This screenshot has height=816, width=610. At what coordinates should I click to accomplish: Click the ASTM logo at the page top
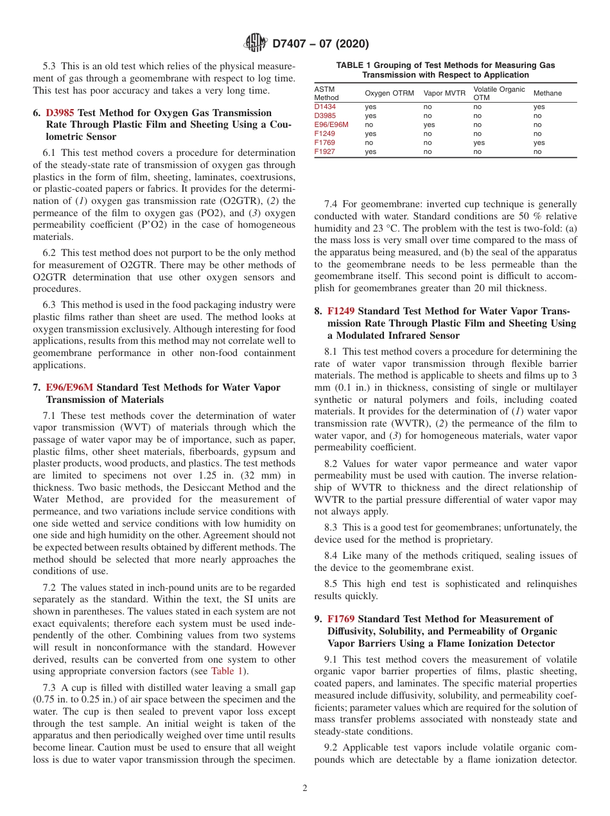tap(256, 44)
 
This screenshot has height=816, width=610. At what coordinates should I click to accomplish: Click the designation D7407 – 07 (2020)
tap(320, 44)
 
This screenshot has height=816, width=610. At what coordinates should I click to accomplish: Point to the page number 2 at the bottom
tap(304, 788)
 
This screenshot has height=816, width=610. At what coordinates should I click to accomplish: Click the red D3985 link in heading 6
tap(59, 113)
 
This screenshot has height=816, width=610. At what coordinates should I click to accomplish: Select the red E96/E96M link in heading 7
tap(69, 387)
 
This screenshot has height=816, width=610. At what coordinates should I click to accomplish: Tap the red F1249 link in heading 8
tap(340, 311)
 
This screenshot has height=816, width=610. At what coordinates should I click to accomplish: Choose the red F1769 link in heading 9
tap(340, 619)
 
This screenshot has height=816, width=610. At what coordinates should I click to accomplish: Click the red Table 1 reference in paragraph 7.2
tap(226, 671)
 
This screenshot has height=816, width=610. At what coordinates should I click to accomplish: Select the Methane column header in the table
tap(547, 94)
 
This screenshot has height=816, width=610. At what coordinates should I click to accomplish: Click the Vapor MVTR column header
tap(444, 94)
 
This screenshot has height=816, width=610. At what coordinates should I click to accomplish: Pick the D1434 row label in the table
tap(325, 106)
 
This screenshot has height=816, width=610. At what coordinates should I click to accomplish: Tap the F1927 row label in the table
tap(324, 152)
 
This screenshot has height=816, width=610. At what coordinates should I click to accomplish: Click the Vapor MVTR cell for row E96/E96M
tap(429, 125)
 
